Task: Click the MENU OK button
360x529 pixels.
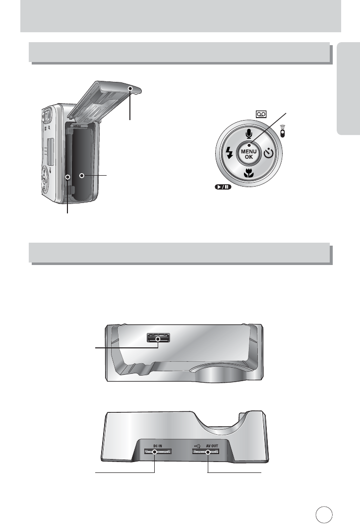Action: (x=249, y=154)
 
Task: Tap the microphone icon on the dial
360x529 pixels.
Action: (x=249, y=134)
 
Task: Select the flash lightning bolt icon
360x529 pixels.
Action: (x=229, y=153)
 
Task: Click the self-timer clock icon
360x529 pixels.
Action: (x=269, y=153)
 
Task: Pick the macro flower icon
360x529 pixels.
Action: (x=249, y=174)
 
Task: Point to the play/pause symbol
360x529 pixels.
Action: (x=223, y=187)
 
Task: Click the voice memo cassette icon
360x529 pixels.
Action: (x=261, y=114)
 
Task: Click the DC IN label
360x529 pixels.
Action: (x=157, y=446)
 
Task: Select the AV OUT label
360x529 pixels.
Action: (x=212, y=446)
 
